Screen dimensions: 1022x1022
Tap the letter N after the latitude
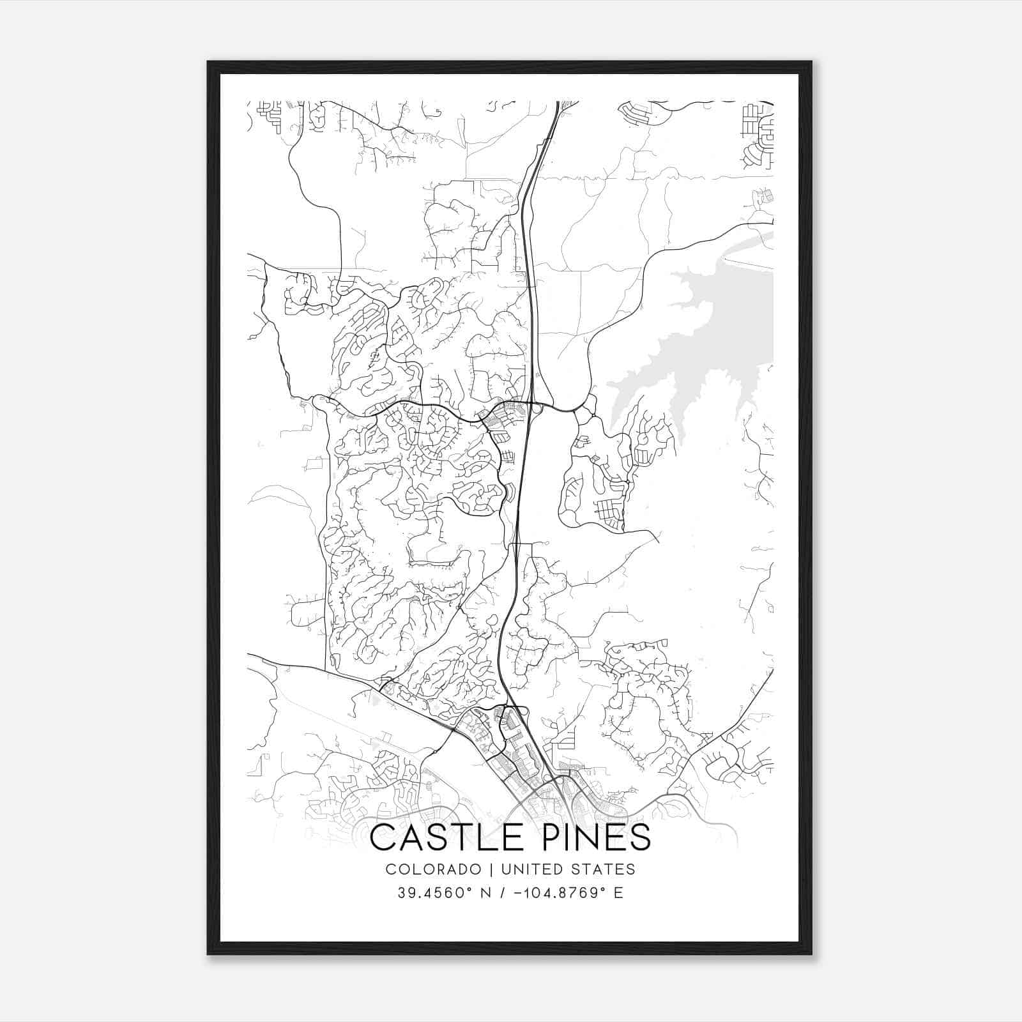[485, 893]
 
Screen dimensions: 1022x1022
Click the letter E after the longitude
[618, 893]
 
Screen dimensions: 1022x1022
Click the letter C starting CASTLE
[381, 837]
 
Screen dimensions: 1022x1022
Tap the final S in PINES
[640, 837]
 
